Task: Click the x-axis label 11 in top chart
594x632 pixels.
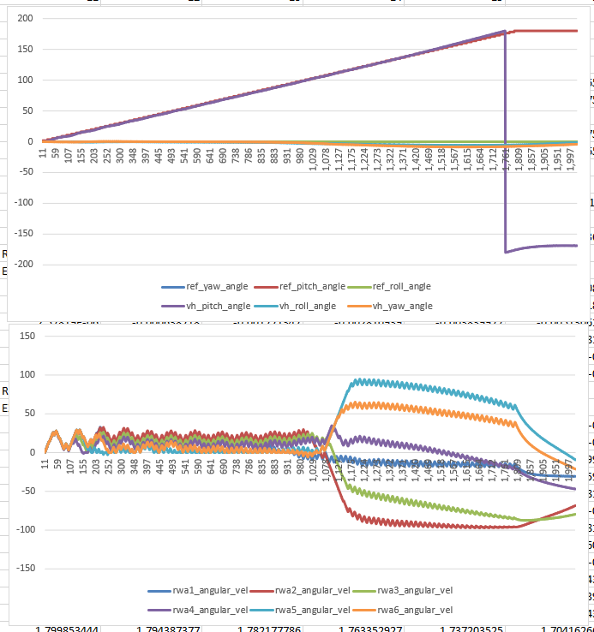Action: pos(43,153)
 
